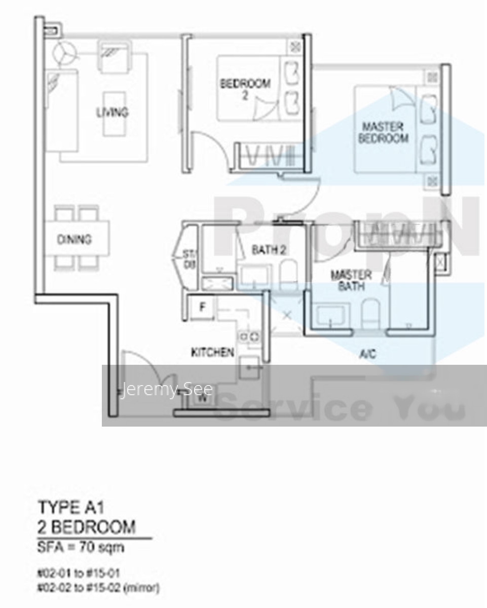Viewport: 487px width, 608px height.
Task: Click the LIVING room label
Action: point(113,112)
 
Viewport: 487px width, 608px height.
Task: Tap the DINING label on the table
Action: point(74,239)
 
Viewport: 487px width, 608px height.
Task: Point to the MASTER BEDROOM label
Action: point(383,132)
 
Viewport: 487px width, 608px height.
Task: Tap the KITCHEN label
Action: point(212,352)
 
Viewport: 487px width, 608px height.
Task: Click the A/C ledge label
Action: point(367,354)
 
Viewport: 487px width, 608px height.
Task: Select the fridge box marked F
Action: point(202,307)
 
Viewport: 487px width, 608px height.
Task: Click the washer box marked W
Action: point(202,398)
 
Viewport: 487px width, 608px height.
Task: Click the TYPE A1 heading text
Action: point(70,507)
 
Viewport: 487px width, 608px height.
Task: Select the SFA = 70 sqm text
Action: point(81,547)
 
